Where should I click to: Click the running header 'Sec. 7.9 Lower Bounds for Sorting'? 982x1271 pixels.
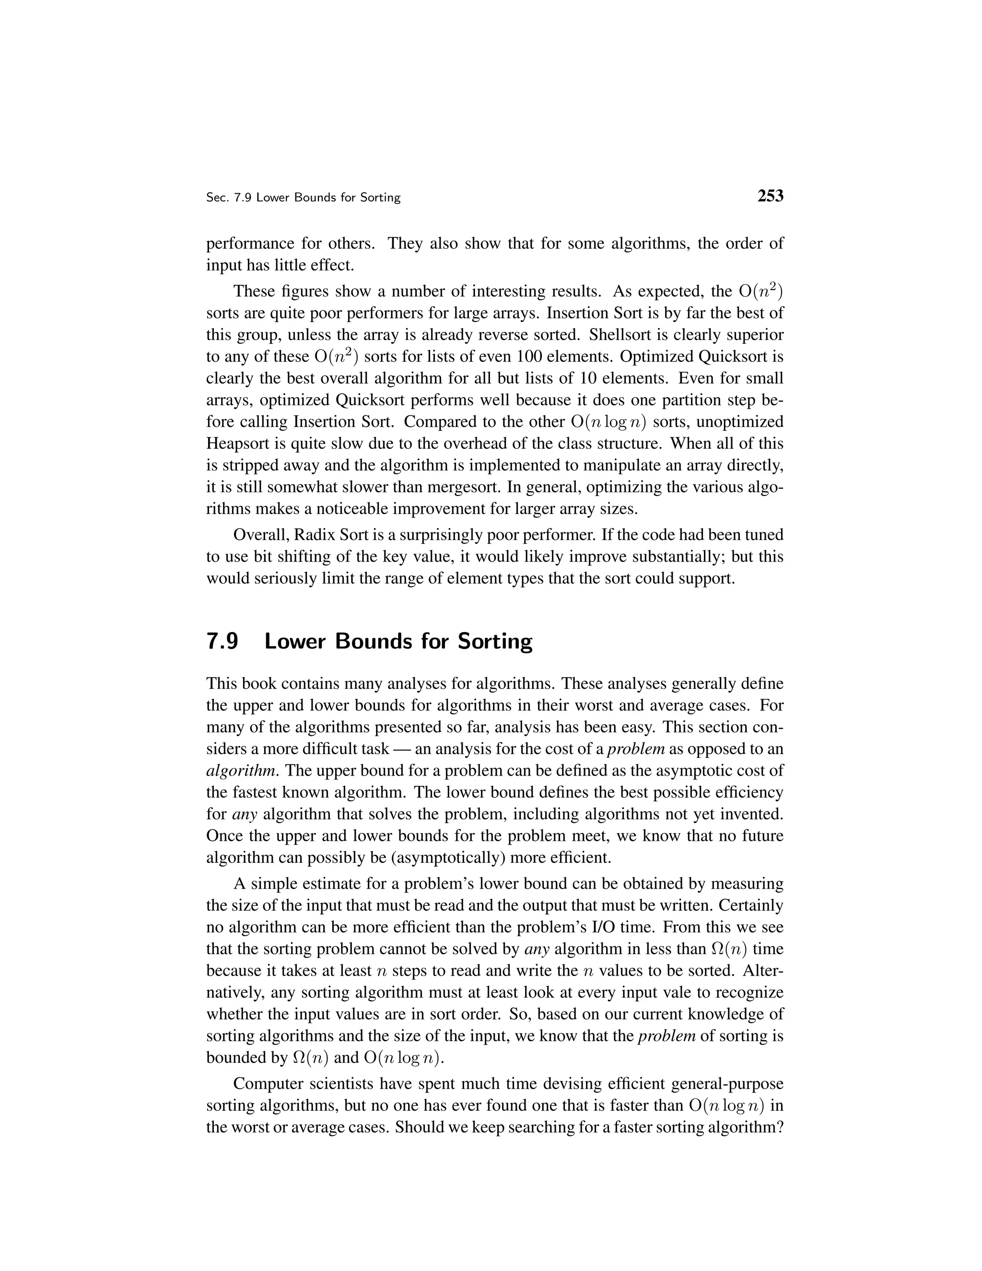[303, 198]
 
